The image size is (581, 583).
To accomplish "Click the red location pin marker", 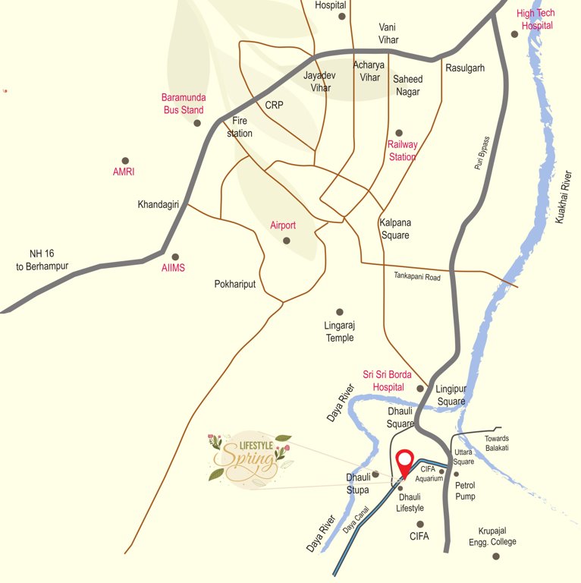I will coord(404,463).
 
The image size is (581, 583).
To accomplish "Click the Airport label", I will coord(283,225).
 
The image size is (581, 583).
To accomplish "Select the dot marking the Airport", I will coord(287,241).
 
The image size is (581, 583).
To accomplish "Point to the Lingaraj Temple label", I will coord(340,332).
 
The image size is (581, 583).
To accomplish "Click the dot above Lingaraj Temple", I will coord(340,311).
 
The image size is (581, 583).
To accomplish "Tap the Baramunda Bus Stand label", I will coord(184,103).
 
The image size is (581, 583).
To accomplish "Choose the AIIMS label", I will coord(173,268).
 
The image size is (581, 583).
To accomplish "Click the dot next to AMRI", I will coord(126,160).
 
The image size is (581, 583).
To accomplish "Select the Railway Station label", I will coord(403,150).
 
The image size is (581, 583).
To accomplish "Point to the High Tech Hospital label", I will coord(536,19).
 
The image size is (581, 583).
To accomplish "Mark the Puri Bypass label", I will coord(482,152).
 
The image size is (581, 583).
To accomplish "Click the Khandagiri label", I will coord(158,205).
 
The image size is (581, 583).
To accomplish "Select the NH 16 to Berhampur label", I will coord(42,260).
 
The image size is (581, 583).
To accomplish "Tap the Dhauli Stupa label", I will coord(357,484).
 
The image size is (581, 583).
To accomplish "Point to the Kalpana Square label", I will coord(394,228).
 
